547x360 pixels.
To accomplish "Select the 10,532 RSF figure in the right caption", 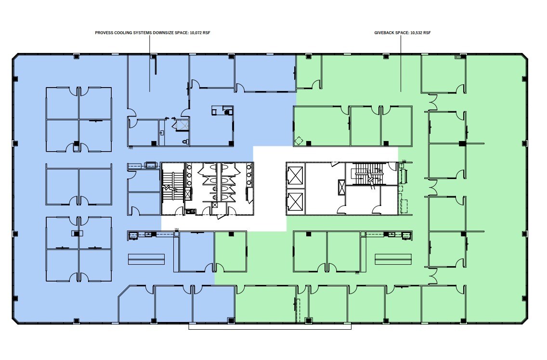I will (420, 33).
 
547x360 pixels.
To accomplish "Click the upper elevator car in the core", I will (295, 176).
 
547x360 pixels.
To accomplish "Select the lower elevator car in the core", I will (295, 202).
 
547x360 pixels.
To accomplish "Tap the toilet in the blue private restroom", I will (185, 141).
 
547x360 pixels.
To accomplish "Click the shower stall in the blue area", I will (182, 126).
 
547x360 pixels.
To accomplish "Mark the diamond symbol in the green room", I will (299, 141).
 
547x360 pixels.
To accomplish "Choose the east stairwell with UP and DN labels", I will (370, 176).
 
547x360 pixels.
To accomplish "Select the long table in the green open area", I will (393, 259).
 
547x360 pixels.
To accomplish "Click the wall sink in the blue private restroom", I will (162, 132).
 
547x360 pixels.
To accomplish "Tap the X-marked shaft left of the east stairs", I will (342, 187).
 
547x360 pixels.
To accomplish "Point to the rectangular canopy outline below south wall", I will (270, 326).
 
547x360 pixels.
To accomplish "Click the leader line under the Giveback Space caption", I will (401, 63).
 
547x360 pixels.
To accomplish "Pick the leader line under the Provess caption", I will (150, 63).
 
